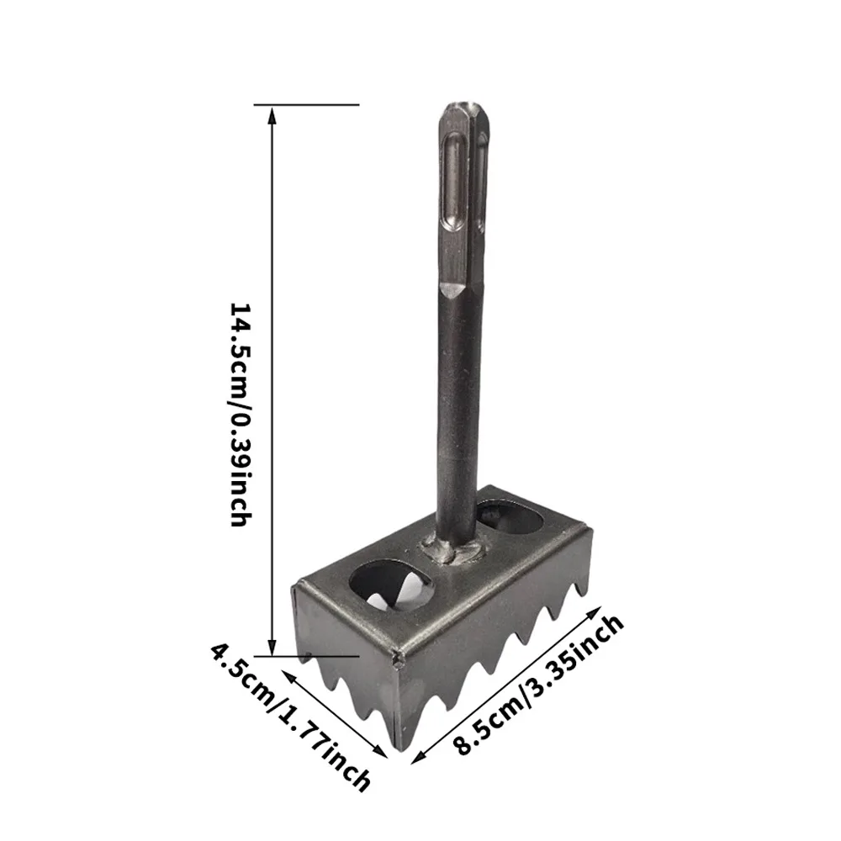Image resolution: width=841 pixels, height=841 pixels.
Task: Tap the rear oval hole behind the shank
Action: pos(510,517)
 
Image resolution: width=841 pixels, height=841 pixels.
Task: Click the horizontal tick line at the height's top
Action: pos(307,105)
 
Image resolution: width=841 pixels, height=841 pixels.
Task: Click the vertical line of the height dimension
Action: pos(272,378)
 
